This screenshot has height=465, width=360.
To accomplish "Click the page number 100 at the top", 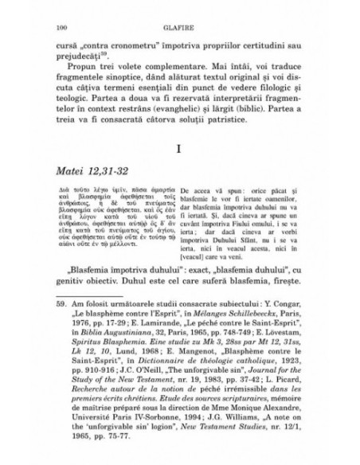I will point(60,28).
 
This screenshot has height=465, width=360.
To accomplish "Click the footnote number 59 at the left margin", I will point(61,326).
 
